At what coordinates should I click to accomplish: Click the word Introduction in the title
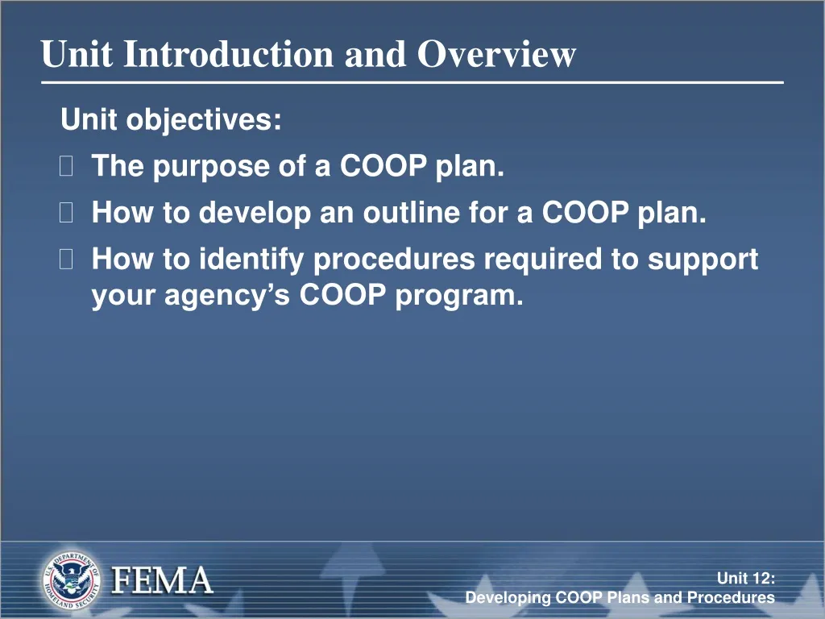pos(230,55)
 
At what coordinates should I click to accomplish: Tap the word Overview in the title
pos(496,55)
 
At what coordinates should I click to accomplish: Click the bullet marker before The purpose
pos(67,167)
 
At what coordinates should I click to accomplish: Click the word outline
pos(411,214)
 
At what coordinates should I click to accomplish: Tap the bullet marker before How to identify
pos(67,260)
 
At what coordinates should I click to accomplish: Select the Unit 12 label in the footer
pos(746,577)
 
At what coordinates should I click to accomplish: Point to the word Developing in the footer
pos(508,598)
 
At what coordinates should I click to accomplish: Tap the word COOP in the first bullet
pos(383,167)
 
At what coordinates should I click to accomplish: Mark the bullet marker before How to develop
pos(67,214)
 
